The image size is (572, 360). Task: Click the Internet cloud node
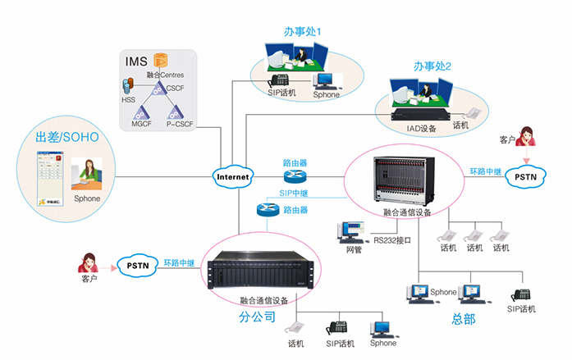click(232, 176)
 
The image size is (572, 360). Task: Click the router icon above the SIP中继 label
click(294, 176)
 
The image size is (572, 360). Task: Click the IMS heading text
click(136, 62)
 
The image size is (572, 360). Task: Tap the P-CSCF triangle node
click(176, 112)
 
